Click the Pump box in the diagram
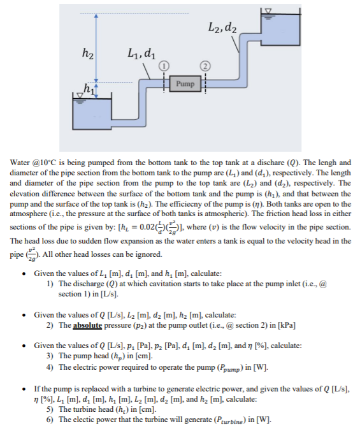185,84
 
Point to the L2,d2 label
222,27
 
